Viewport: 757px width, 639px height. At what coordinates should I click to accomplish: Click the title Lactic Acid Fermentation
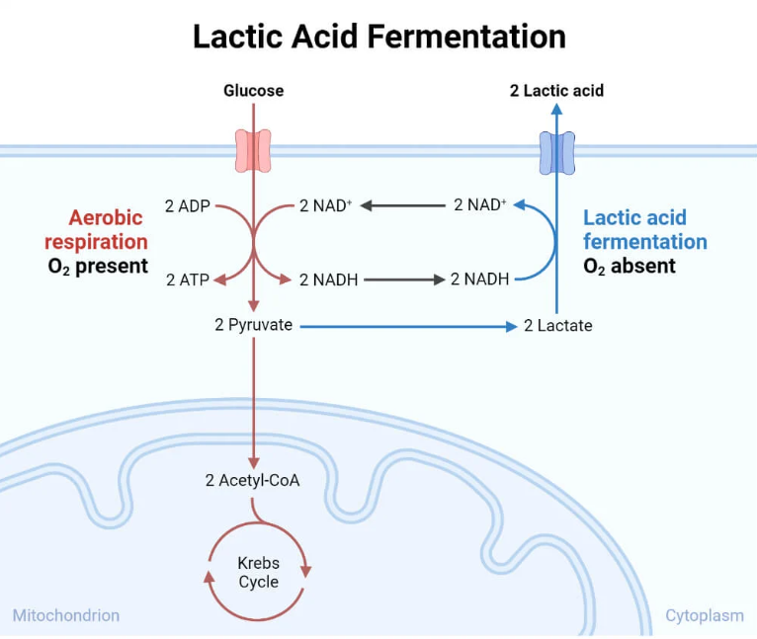[378, 37]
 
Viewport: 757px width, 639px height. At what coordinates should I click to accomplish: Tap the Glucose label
[253, 91]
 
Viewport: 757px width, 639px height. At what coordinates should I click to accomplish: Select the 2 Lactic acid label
[556, 91]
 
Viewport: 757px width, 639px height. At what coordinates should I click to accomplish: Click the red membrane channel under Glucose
[253, 150]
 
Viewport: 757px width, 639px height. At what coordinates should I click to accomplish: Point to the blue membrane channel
[556, 152]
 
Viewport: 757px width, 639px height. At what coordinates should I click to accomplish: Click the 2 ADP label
[187, 206]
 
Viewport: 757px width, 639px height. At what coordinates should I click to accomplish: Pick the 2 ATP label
[187, 280]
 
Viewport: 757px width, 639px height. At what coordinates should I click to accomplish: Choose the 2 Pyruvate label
[253, 324]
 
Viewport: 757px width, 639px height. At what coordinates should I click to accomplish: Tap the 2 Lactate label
[558, 325]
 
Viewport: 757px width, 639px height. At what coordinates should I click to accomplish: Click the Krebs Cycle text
[258, 572]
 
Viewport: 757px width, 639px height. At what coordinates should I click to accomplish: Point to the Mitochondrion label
[65, 615]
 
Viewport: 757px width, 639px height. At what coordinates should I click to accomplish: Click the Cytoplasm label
[704, 615]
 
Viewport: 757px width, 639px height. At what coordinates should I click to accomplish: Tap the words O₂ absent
[630, 266]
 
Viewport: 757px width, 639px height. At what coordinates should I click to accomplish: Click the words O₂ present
[98, 266]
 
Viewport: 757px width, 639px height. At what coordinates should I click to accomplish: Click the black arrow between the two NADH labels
[404, 280]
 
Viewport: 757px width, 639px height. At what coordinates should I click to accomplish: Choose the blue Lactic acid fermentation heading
[644, 229]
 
